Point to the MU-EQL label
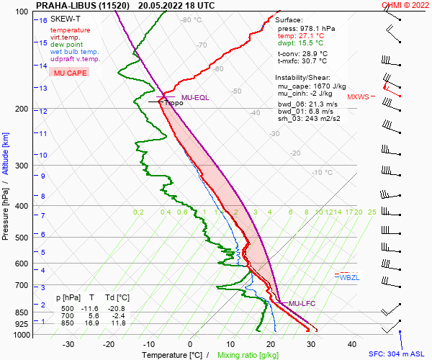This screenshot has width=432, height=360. pyautogui.click(x=195, y=97)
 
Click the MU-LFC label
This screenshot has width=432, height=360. pyautogui.click(x=302, y=303)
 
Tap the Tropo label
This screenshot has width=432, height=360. pyautogui.click(x=174, y=104)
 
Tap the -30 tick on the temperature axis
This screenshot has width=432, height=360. pyautogui.click(x=68, y=344)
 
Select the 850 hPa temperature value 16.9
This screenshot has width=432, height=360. pyautogui.click(x=91, y=323)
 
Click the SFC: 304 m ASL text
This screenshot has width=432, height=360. pyautogui.click(x=399, y=354)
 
